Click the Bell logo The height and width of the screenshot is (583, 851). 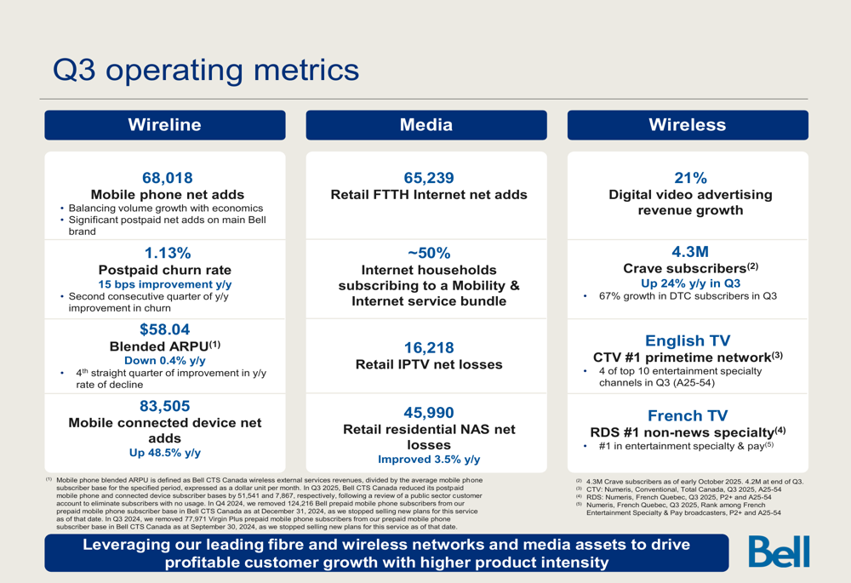tap(779, 552)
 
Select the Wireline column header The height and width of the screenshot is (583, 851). tap(164, 125)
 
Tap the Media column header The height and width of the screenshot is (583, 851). tap(425, 125)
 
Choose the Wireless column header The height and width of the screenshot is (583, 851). tap(687, 125)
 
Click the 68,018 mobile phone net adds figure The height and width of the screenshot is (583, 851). tap(168, 178)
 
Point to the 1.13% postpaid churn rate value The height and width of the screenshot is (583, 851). tap(168, 253)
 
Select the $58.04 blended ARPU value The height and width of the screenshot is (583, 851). tap(165, 329)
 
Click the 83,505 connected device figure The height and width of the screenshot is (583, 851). tap(165, 406)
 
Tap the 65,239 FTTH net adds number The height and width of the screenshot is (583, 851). tap(429, 178)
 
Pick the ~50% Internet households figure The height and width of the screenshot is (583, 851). tap(429, 253)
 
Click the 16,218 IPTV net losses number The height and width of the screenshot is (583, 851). tap(429, 347)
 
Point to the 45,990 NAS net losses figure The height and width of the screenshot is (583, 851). tap(429, 413)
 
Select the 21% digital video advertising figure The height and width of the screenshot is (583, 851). tap(690, 178)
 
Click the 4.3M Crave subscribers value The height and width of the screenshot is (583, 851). tap(690, 252)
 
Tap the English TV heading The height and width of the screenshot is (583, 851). tap(688, 340)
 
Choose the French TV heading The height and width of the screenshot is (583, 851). tap(688, 415)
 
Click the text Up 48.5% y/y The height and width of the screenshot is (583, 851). tap(165, 453)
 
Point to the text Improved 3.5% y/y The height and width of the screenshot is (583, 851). tap(429, 460)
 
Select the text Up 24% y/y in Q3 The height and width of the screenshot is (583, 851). tap(690, 283)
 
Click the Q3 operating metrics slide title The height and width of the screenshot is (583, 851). tap(206, 70)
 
